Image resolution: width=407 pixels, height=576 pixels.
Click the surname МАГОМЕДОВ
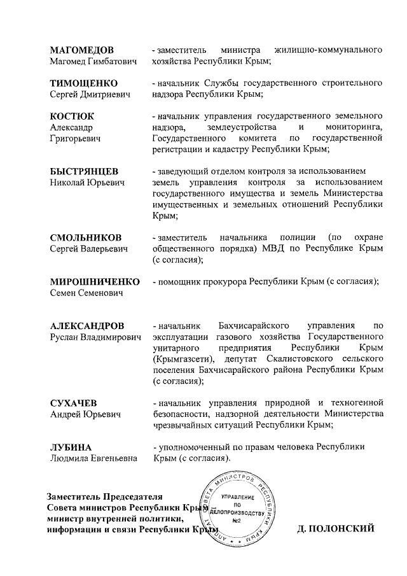tap(82, 49)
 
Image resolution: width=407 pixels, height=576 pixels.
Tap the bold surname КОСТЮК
tap(72, 116)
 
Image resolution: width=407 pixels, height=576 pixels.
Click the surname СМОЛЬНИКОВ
tap(85, 237)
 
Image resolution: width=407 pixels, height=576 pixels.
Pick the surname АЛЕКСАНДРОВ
tap(87, 325)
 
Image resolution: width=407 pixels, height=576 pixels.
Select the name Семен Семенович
tap(86, 293)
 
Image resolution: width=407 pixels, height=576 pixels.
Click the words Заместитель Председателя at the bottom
tap(105, 496)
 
